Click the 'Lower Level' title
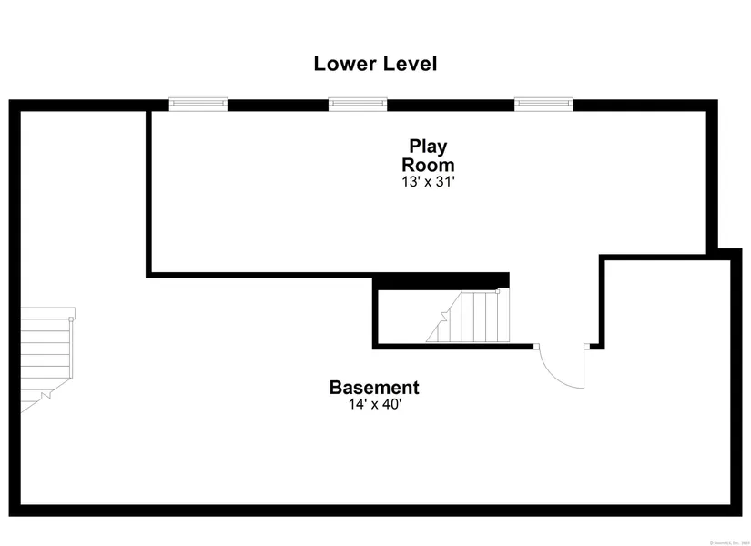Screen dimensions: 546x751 click(375, 64)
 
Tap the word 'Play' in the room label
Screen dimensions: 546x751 click(428, 146)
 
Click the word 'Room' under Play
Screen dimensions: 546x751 click(428, 165)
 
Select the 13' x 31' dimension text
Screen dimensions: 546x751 click(428, 181)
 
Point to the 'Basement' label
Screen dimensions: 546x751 click(374, 387)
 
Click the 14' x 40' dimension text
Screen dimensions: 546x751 click(374, 404)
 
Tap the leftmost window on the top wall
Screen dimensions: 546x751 click(198, 105)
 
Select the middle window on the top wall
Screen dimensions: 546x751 click(358, 105)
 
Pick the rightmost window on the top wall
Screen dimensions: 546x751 click(543, 105)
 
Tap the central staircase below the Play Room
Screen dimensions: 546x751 click(466, 316)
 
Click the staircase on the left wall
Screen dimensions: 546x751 click(46, 355)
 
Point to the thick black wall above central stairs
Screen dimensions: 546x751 click(442, 280)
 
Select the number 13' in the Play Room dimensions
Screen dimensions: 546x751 click(409, 181)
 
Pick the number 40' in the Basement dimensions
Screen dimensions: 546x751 click(391, 404)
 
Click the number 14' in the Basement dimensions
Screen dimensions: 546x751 click(356, 404)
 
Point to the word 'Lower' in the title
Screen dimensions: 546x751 click(341, 64)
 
